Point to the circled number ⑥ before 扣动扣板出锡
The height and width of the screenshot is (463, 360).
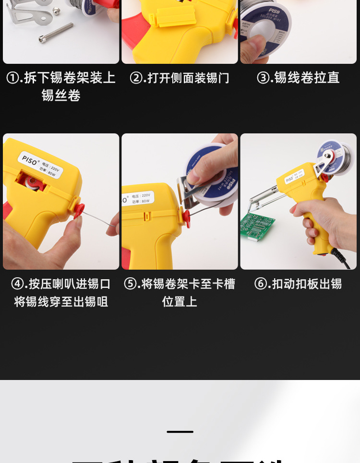coord(261,284)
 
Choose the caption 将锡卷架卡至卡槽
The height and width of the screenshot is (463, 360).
coord(188,284)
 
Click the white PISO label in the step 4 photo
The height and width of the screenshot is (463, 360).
coord(45,163)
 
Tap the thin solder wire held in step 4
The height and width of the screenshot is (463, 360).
coord(98,222)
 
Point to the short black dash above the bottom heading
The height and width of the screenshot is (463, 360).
coord(180,432)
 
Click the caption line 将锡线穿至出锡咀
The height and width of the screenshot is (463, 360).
coord(61,302)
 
